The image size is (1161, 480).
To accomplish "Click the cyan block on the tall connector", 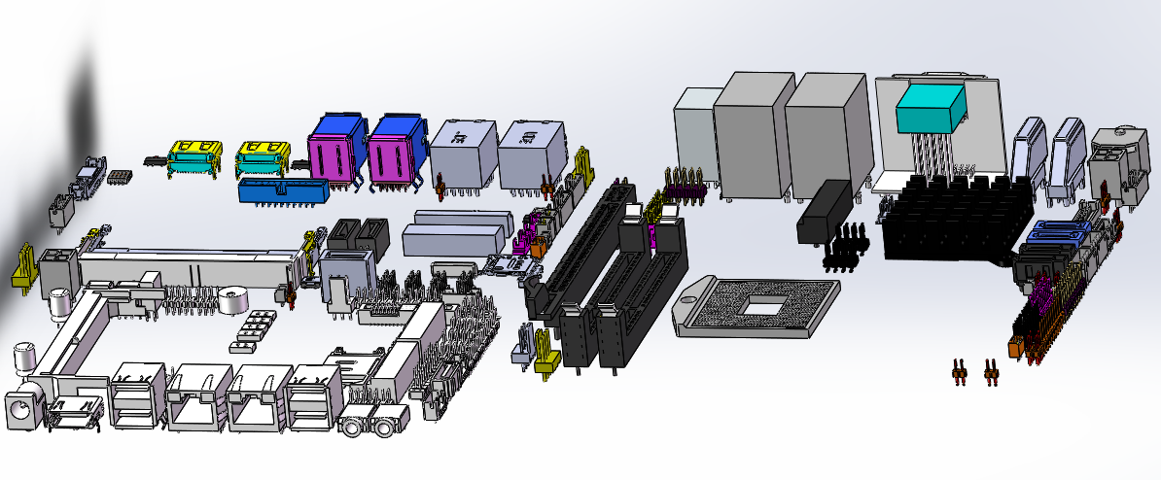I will coord(931,108).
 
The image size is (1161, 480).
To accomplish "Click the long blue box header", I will coord(283,191).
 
